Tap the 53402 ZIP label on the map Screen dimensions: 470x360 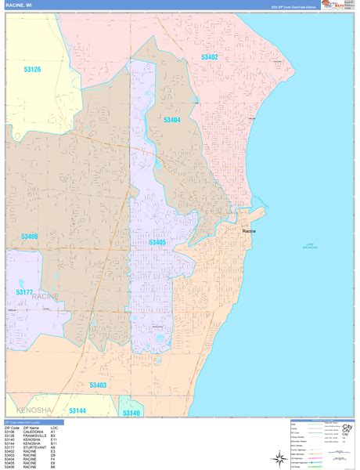(209, 57)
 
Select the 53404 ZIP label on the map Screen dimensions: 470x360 (172, 120)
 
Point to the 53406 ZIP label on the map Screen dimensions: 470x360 (29, 237)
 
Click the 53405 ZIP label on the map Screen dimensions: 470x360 (157, 243)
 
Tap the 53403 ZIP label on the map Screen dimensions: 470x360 (98, 385)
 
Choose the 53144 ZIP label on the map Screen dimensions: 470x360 (78, 410)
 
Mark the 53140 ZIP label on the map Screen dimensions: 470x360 (131, 413)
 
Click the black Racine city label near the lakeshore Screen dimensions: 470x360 (249, 231)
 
